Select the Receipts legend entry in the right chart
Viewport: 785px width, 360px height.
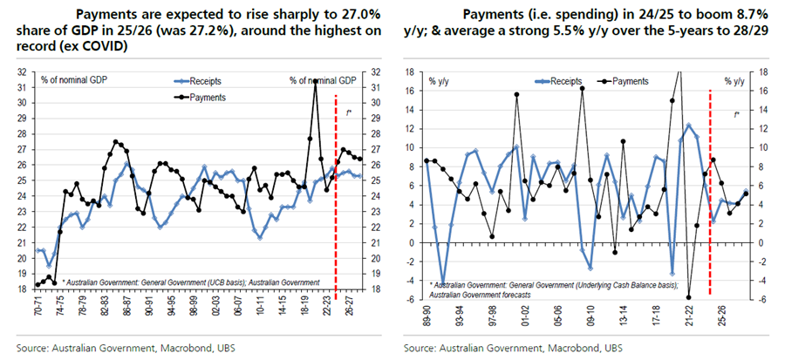point(529,79)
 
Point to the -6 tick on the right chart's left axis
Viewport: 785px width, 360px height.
point(411,299)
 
